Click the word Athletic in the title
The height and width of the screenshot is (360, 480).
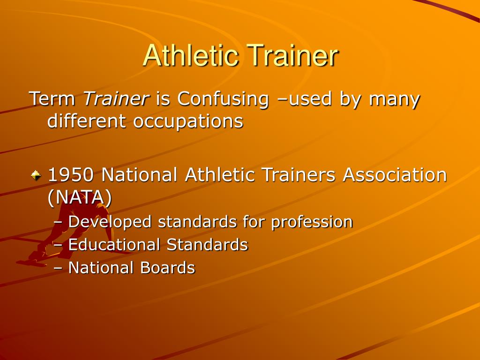point(191,55)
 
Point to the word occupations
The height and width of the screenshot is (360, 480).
point(188,121)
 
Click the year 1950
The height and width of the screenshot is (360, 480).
point(73,175)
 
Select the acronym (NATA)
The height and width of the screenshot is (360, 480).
point(80,197)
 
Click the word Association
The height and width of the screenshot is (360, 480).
point(395,175)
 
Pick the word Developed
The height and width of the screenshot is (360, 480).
point(110,222)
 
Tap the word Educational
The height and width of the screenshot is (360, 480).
point(115,244)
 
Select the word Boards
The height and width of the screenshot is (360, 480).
point(167,268)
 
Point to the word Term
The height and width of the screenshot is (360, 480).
point(52,99)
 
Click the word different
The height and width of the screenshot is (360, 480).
point(88,121)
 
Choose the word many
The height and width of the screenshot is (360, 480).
point(394,99)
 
